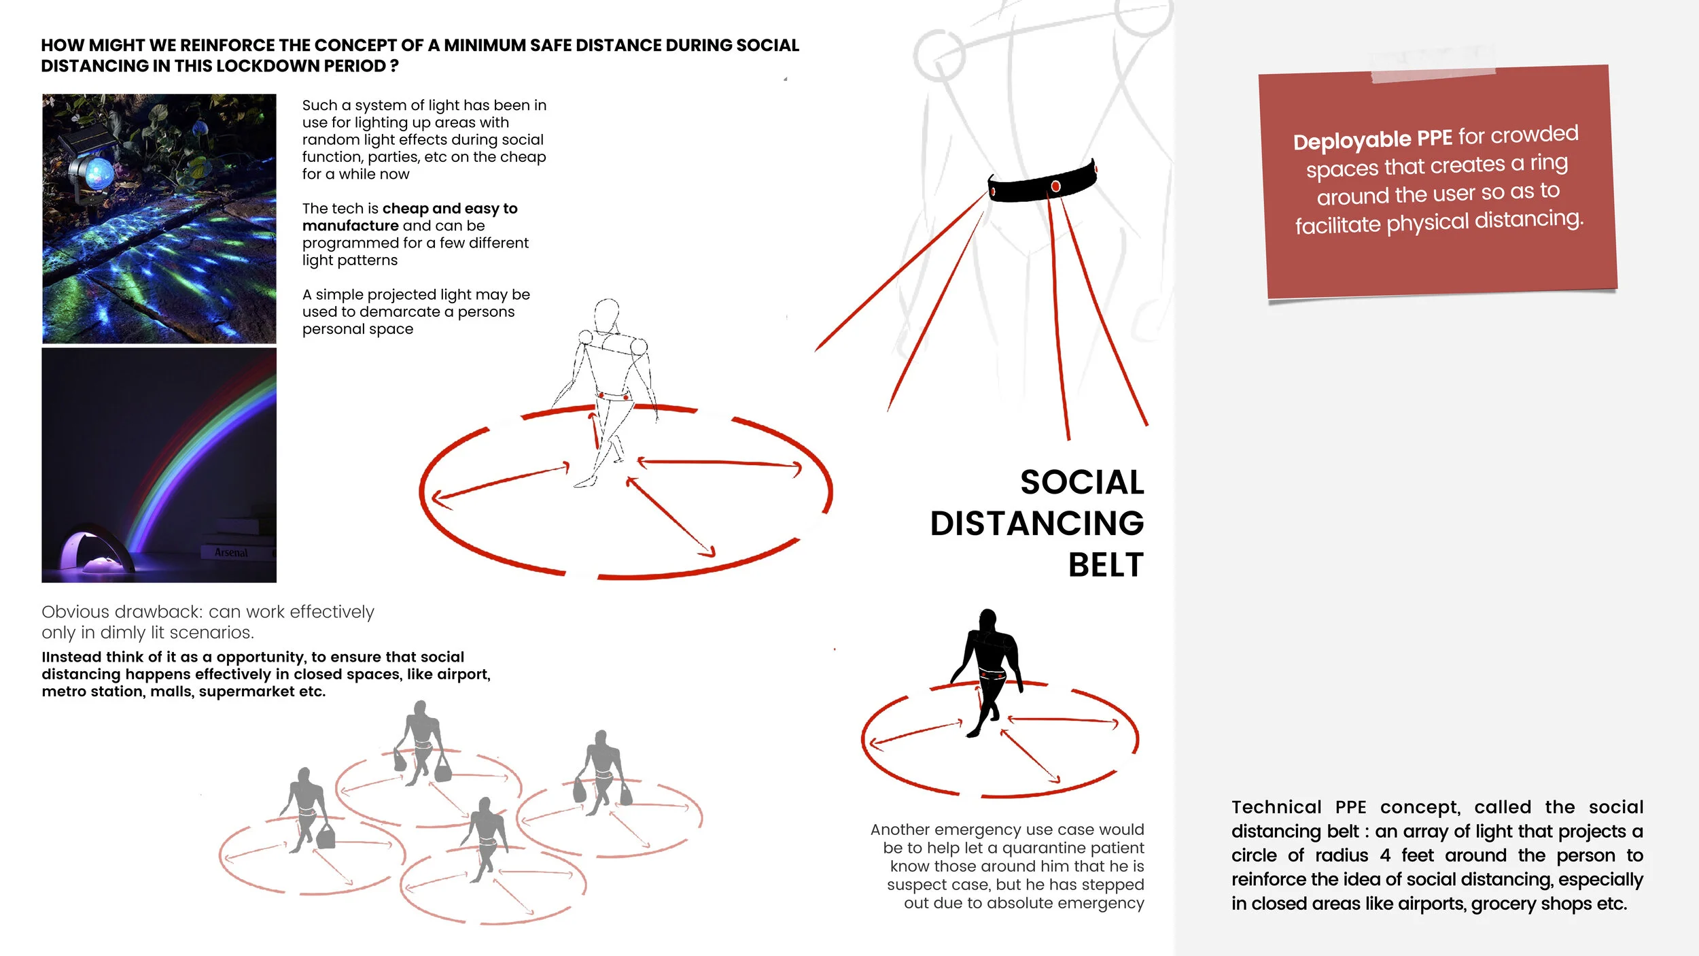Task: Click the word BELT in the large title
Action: click(x=1106, y=565)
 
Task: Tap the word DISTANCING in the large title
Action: click(x=1036, y=524)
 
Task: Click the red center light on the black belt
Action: click(x=1055, y=186)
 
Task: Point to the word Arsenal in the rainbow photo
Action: click(x=231, y=553)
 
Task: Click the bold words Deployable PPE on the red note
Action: click(x=1372, y=140)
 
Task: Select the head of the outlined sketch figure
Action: click(x=606, y=314)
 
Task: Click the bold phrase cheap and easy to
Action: click(x=450, y=209)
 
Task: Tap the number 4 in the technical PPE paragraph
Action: click(x=1385, y=855)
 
